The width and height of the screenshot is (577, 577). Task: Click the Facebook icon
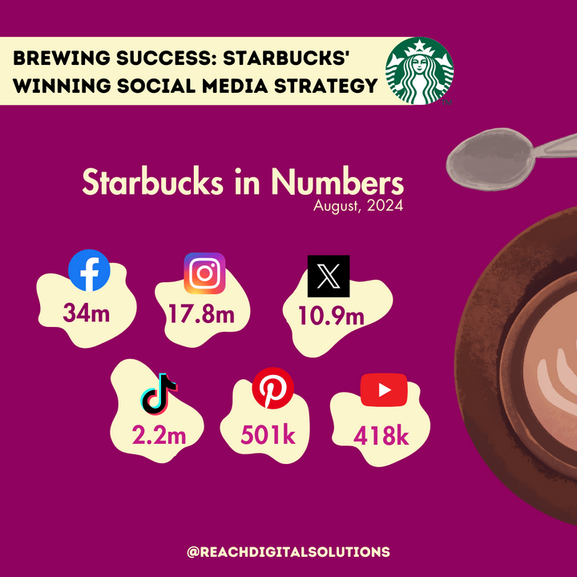[x=89, y=271]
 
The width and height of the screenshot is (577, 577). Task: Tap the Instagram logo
[x=204, y=273]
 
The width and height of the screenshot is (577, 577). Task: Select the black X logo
[x=329, y=276]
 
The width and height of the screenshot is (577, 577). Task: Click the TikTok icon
[x=159, y=394]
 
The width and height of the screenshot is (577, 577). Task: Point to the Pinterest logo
[x=273, y=388]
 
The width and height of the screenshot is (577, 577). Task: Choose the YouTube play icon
[x=384, y=390]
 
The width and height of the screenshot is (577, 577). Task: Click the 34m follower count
[x=87, y=313]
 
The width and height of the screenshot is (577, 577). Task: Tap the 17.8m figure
[x=202, y=314]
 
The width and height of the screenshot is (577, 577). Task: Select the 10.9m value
[x=332, y=316]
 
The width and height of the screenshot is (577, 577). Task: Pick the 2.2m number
[x=159, y=436]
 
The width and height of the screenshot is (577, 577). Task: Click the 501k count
[x=268, y=435]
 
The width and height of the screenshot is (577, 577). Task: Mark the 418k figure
[x=381, y=436]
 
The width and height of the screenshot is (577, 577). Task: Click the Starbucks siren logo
[x=419, y=71]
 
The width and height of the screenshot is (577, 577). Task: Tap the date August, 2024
[x=358, y=205]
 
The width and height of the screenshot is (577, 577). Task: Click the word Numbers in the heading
[x=337, y=182]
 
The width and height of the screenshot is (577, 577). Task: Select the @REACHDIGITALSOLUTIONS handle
[x=288, y=552]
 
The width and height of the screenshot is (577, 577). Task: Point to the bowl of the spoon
[x=490, y=159]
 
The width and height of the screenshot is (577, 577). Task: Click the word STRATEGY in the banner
[x=326, y=86]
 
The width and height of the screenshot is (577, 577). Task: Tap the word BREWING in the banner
[x=62, y=59]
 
